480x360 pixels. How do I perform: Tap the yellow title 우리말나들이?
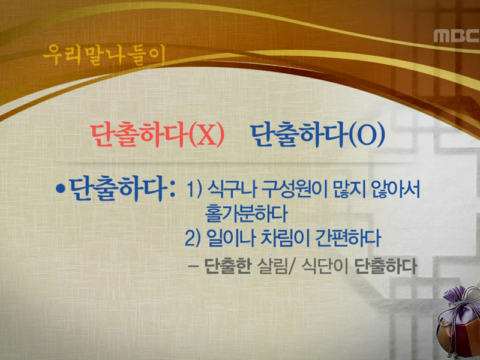[x=103, y=55]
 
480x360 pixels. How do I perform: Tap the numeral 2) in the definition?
[x=194, y=238]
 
